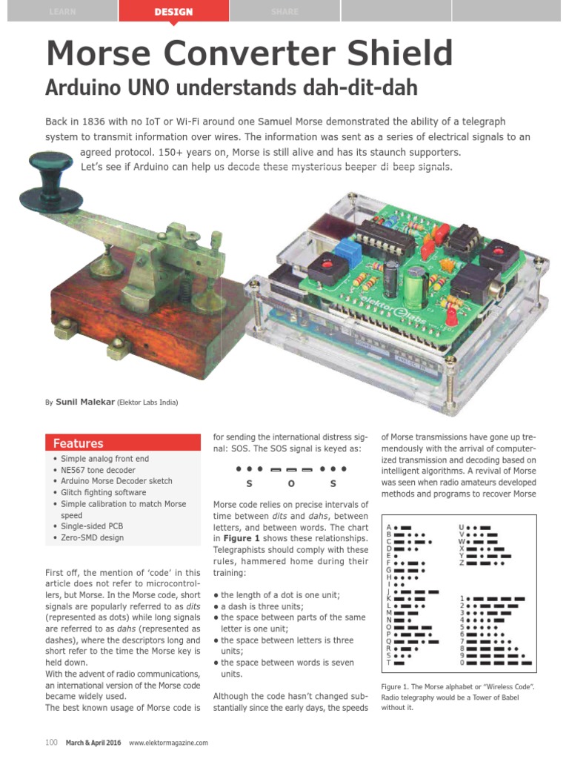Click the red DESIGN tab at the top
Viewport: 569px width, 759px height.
tap(173, 12)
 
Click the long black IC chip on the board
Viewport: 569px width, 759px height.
tap(385, 236)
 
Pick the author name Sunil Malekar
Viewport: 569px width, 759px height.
tap(84, 402)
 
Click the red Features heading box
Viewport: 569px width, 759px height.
tap(122, 443)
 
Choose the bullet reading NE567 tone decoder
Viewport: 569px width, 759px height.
tap(98, 470)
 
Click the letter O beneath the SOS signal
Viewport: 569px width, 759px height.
tap(291, 484)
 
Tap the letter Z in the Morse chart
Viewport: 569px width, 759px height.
tap(461, 563)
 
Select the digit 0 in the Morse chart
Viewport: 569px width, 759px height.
tap(462, 662)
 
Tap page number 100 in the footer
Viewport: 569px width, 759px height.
tap(51, 742)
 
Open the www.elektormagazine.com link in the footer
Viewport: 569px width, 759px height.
tap(168, 743)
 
